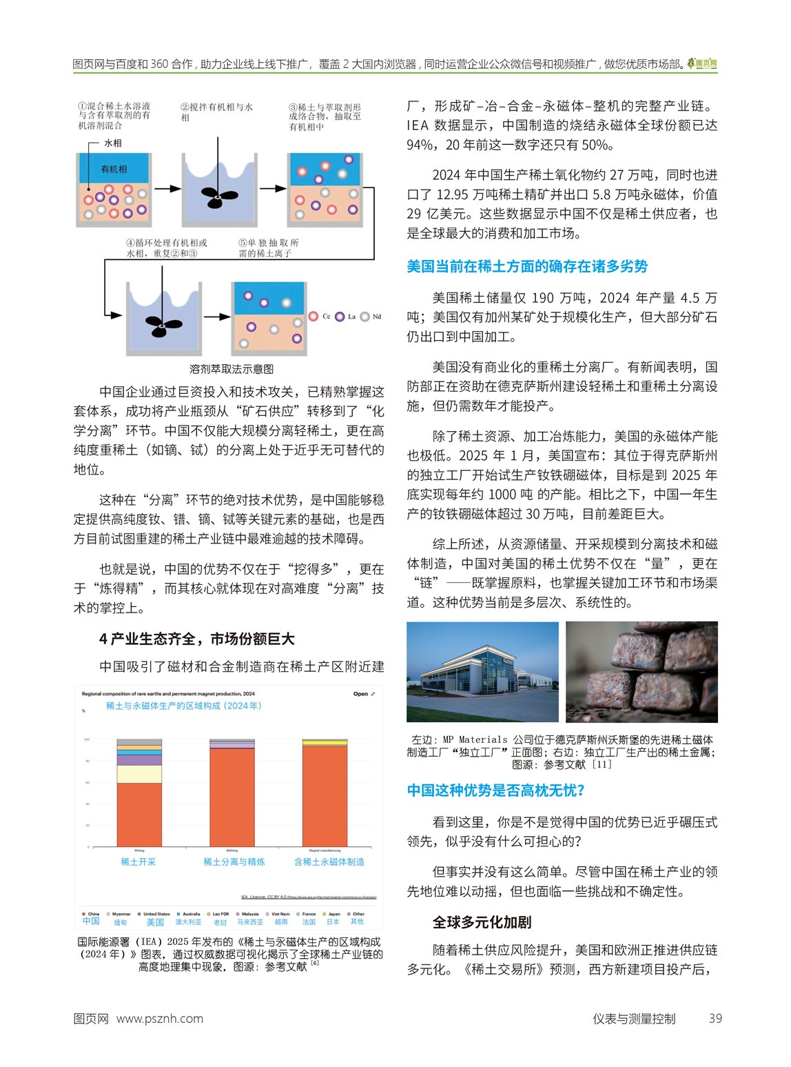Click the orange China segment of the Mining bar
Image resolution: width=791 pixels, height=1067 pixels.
[x=139, y=814]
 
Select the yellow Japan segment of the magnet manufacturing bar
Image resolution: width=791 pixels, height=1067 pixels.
[x=325, y=743]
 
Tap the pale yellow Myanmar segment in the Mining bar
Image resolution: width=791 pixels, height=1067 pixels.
[x=139, y=774]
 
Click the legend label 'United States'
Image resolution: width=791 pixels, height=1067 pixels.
[x=156, y=914]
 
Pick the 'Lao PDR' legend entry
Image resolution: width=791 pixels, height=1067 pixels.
[x=220, y=914]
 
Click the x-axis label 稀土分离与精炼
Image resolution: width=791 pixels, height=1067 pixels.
[x=234, y=861]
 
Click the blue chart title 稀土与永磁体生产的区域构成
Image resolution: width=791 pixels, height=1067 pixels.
[x=183, y=706]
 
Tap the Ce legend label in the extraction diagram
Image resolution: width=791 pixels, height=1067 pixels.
[x=326, y=317]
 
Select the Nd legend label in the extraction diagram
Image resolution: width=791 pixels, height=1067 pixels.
[x=376, y=317]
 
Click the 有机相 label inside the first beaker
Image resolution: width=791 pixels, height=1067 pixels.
[x=114, y=169]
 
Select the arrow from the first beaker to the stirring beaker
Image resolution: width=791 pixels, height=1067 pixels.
[x=167, y=188]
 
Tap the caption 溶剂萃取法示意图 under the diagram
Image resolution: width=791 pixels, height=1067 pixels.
[x=232, y=369]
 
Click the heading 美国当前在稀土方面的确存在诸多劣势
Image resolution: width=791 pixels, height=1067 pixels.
[x=527, y=266]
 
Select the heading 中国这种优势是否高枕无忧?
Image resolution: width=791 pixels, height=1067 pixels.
[x=495, y=790]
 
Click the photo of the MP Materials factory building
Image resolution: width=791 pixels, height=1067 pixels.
[x=482, y=672]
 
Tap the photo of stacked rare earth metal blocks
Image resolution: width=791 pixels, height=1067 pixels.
[x=641, y=672]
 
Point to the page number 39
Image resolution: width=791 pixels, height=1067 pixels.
[x=715, y=1019]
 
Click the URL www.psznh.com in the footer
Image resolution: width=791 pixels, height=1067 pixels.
[x=160, y=1019]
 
